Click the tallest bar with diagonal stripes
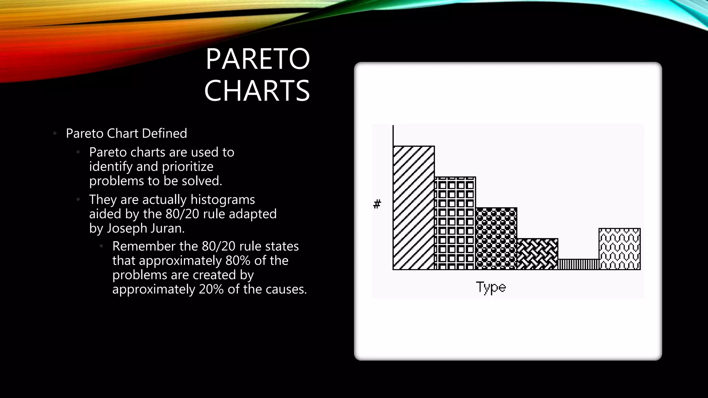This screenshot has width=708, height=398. [413, 208]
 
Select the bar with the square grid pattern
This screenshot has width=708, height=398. [455, 223]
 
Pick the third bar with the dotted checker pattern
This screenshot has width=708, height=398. [496, 238]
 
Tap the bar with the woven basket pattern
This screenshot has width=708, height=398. [537, 254]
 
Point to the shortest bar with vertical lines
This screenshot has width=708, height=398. [578, 264]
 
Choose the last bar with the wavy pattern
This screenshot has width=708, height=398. [619, 249]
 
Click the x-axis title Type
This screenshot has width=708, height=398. [491, 287]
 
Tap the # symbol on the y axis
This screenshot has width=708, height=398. [377, 204]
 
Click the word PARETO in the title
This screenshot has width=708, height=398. [258, 59]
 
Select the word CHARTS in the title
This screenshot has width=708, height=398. [257, 91]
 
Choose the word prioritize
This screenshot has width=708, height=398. [188, 167]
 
